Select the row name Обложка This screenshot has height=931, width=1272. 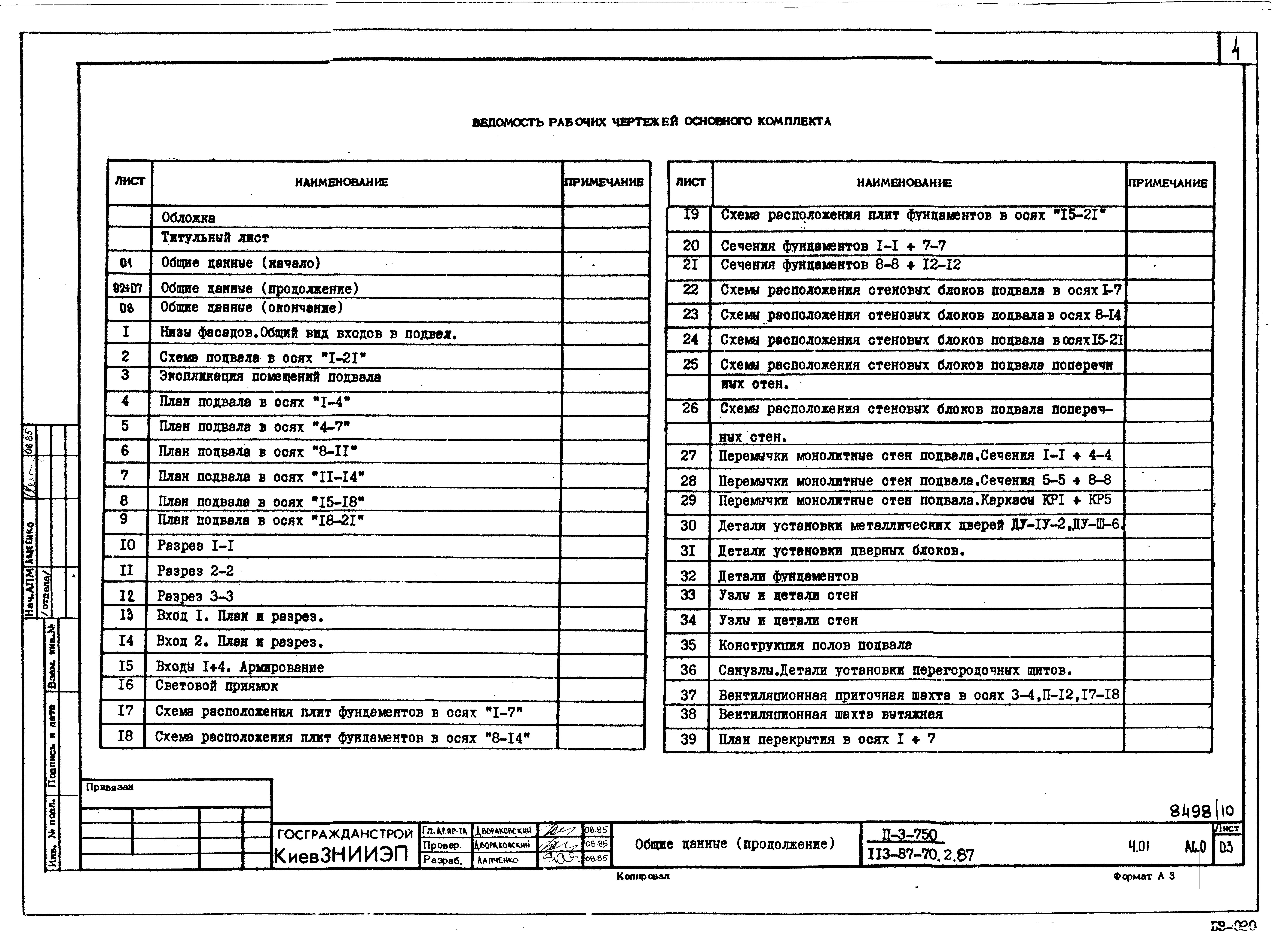(x=188, y=218)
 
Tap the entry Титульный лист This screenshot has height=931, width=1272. (x=215, y=238)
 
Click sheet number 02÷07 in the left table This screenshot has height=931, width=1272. (x=128, y=289)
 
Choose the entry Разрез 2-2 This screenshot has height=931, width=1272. (x=195, y=571)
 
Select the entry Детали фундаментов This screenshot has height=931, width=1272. (x=788, y=576)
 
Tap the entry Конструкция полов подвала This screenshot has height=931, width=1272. (x=814, y=645)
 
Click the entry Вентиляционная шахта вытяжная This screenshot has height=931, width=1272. (x=830, y=715)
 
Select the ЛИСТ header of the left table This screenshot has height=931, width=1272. (x=130, y=181)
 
